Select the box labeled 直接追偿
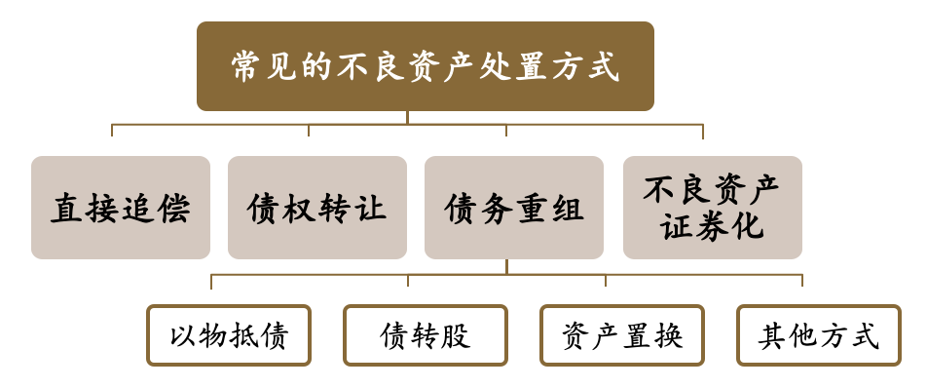pyautogui.click(x=121, y=208)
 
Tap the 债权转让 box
pyautogui.click(x=317, y=208)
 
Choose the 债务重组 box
pyautogui.click(x=514, y=208)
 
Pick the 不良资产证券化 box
pyautogui.click(x=713, y=208)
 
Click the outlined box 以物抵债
pyautogui.click(x=229, y=335)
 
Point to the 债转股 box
pyautogui.click(x=426, y=335)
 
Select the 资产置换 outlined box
pyautogui.click(x=622, y=335)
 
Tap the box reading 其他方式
pyautogui.click(x=819, y=335)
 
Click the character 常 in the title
pyautogui.click(x=248, y=66)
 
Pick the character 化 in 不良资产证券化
pyautogui.click(x=748, y=226)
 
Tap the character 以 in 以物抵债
pyautogui.click(x=184, y=336)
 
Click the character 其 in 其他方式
pyautogui.click(x=773, y=336)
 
